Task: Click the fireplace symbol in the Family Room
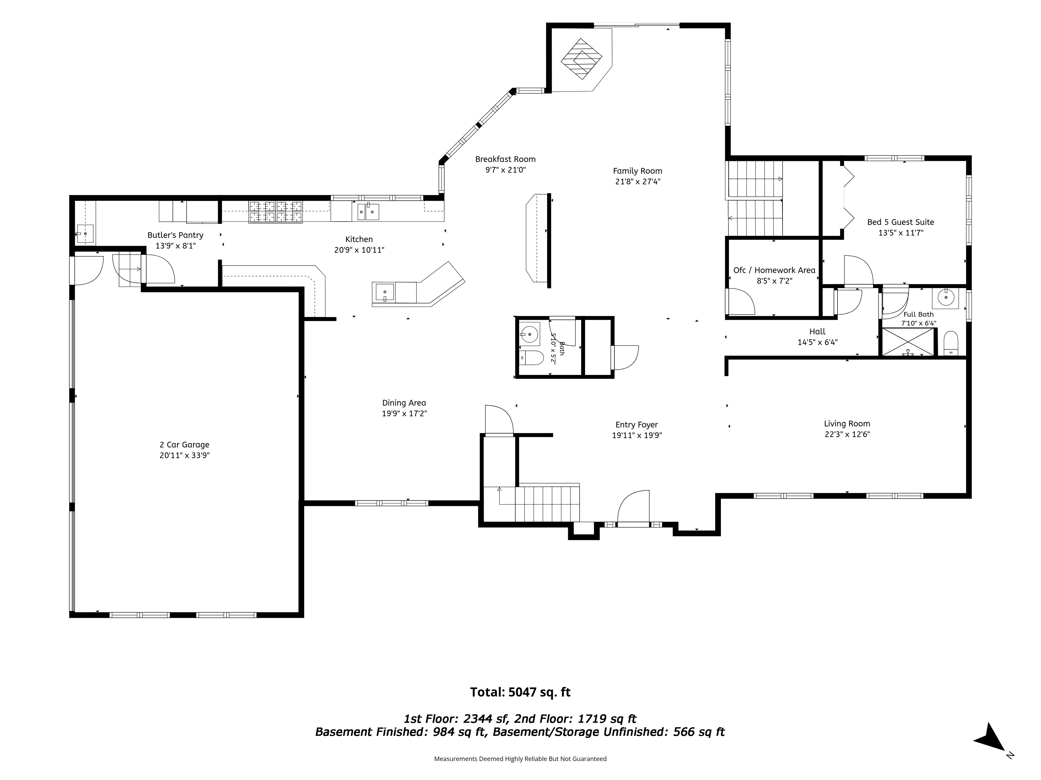click(582, 59)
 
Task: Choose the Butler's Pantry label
click(176, 235)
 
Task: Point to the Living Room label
click(847, 424)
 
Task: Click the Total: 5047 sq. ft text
click(520, 692)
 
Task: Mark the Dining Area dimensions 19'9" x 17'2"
click(404, 414)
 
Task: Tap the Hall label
click(817, 331)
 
